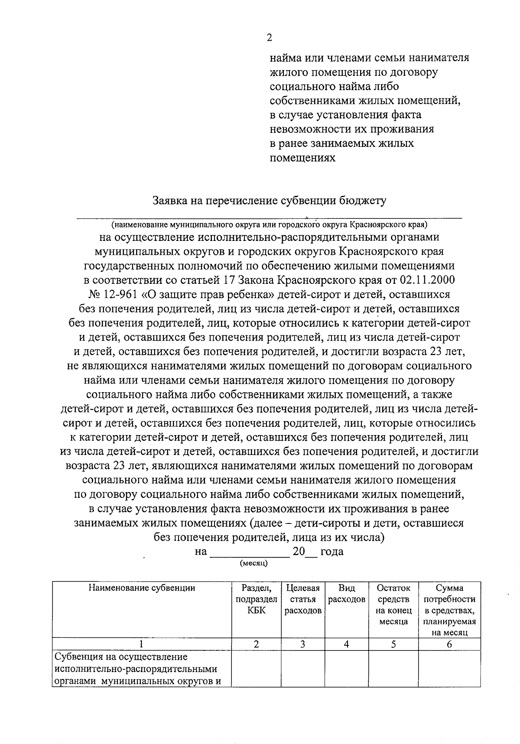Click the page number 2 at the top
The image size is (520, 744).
point(270,38)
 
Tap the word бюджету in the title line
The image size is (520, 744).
point(364,201)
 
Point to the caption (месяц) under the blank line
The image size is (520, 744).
point(253,563)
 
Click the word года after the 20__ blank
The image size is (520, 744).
point(332,552)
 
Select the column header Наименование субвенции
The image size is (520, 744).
point(142,588)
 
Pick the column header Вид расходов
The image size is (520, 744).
point(347,594)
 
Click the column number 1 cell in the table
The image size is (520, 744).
point(142,644)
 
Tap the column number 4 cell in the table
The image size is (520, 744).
point(347,644)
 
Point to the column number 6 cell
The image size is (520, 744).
point(449,644)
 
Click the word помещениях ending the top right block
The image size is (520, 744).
point(302,158)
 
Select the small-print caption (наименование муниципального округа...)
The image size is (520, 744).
point(269,225)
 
